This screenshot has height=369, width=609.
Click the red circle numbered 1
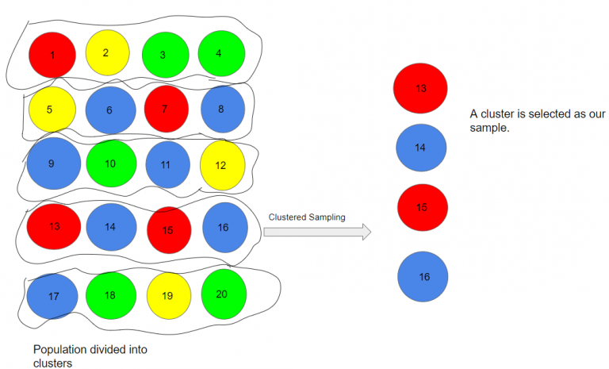click(52, 55)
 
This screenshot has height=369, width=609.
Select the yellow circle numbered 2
click(106, 52)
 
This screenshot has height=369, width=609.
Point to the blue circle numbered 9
click(53, 164)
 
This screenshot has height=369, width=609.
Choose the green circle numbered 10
click(110, 163)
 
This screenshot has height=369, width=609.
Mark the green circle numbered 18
click(110, 296)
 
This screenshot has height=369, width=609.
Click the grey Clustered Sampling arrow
click(316, 232)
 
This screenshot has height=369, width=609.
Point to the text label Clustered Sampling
click(307, 217)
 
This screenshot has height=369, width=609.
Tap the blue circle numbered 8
click(223, 110)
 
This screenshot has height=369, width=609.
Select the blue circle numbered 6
click(110, 111)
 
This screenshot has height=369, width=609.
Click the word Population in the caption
click(59, 348)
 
